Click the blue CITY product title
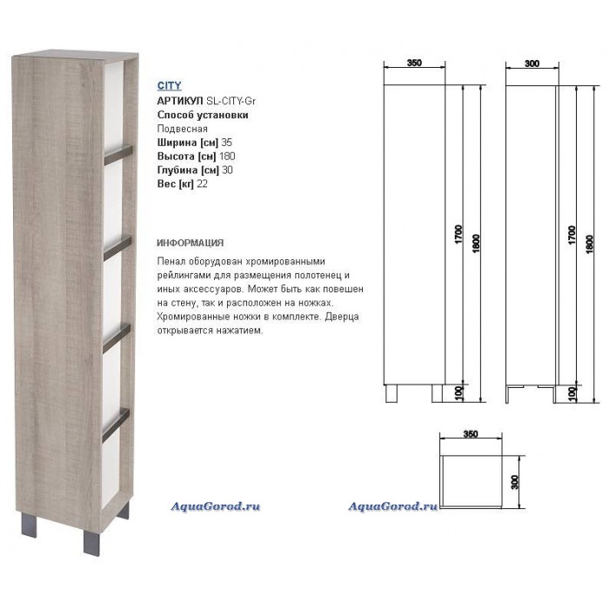pyautogui.click(x=169, y=85)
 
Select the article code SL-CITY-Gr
pyautogui.click(x=231, y=101)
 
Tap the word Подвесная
pyautogui.click(x=182, y=129)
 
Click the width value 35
pyautogui.click(x=226, y=143)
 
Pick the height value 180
pyautogui.click(x=227, y=156)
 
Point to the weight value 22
pyautogui.click(x=202, y=184)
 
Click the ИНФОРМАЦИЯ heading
pyautogui.click(x=191, y=243)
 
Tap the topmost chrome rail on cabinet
pyautogui.click(x=118, y=154)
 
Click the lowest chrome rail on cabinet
pyautogui.click(x=116, y=425)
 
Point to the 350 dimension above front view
pyautogui.click(x=414, y=63)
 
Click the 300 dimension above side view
pyautogui.click(x=532, y=64)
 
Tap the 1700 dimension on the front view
pyautogui.click(x=458, y=234)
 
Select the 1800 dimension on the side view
pyautogui.click(x=590, y=244)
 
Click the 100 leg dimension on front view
pyautogui.click(x=458, y=393)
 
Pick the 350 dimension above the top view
pyautogui.click(x=471, y=434)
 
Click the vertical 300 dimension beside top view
pyautogui.click(x=515, y=482)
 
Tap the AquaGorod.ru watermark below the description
pyautogui.click(x=215, y=506)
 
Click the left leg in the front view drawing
pyautogui.click(x=391, y=393)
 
